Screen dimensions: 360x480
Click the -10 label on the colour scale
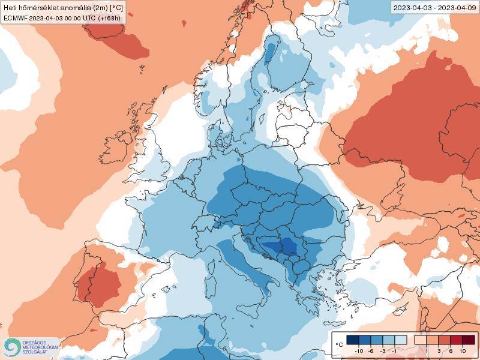[x=359, y=350]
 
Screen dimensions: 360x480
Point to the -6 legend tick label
[x=371, y=350]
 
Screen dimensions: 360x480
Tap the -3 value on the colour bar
[x=383, y=350]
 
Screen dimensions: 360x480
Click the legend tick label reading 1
[x=427, y=350]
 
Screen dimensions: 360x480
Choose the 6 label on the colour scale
[x=451, y=350]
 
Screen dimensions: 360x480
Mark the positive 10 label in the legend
[x=463, y=350]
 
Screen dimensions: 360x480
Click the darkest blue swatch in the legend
[x=353, y=340]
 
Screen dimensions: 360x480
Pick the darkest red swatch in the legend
[x=469, y=340]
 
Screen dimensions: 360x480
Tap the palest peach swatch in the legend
[x=421, y=340]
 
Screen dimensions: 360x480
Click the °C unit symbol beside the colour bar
[x=339, y=344]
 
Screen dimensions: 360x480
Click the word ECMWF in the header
[x=16, y=18]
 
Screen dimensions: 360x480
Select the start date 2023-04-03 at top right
[x=412, y=8]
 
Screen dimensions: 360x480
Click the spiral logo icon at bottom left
[x=11, y=346]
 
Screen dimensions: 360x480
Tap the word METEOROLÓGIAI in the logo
[x=40, y=347]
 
